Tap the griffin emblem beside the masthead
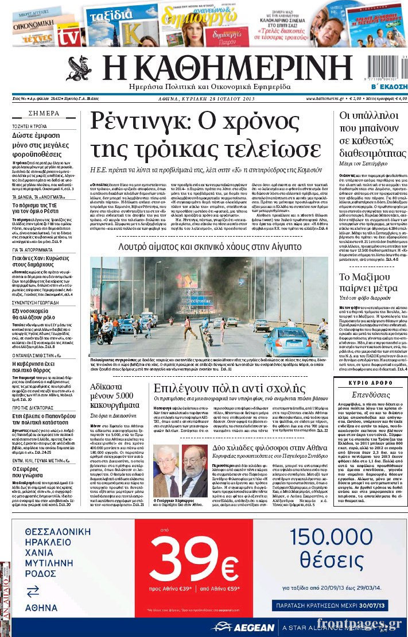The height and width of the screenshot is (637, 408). [x=79, y=68]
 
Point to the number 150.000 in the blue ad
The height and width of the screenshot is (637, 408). [x=331, y=536]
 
